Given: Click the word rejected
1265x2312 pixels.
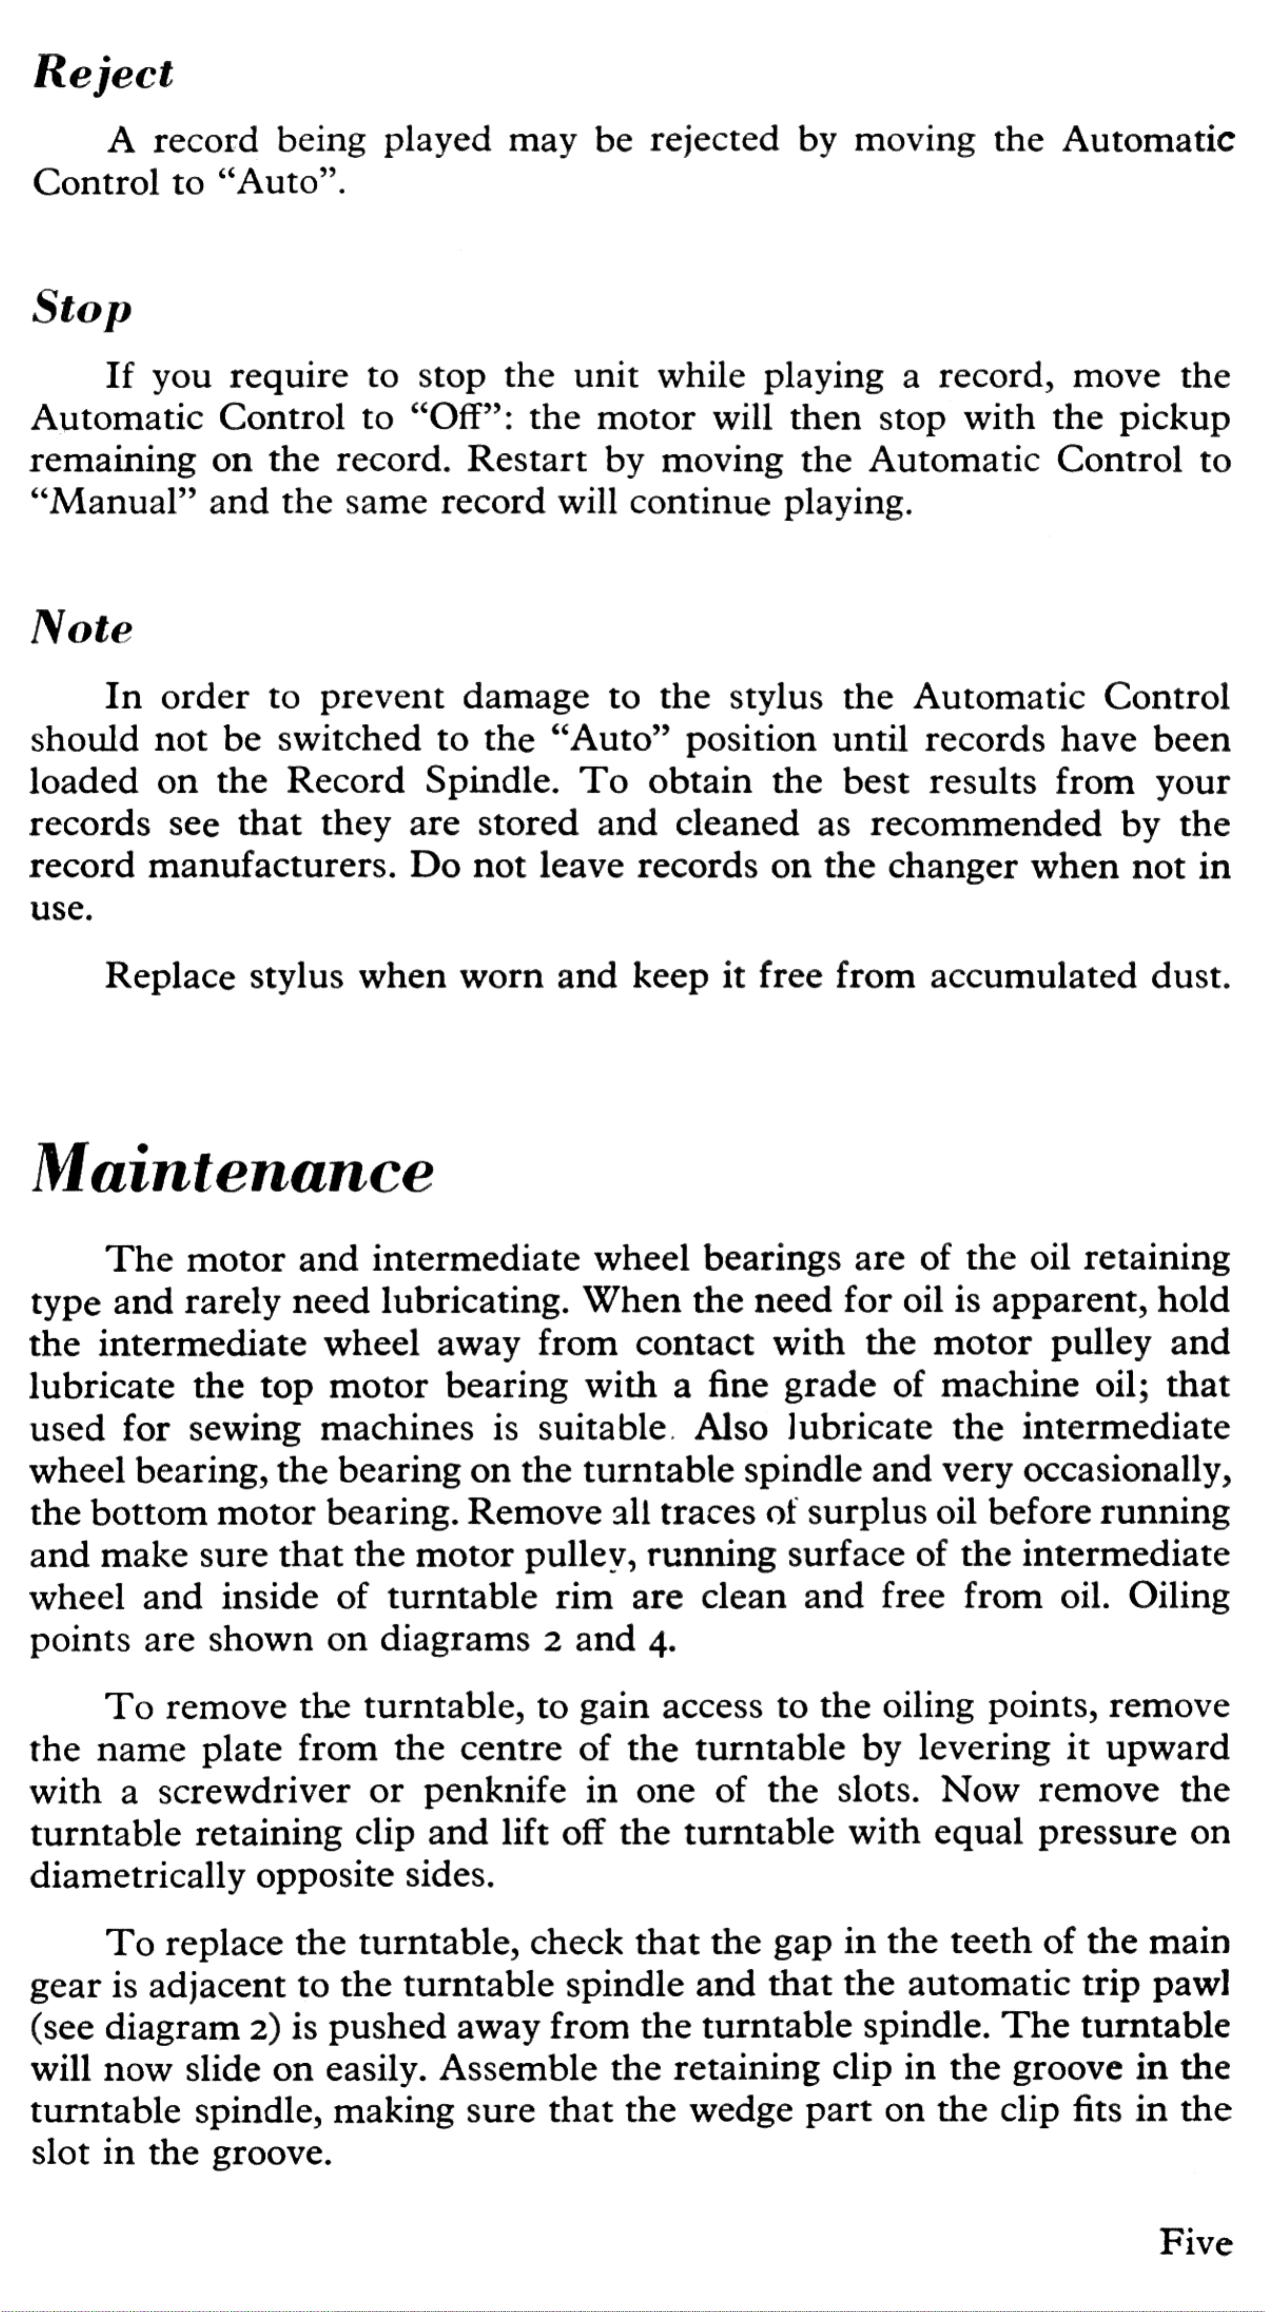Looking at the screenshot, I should click(714, 140).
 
